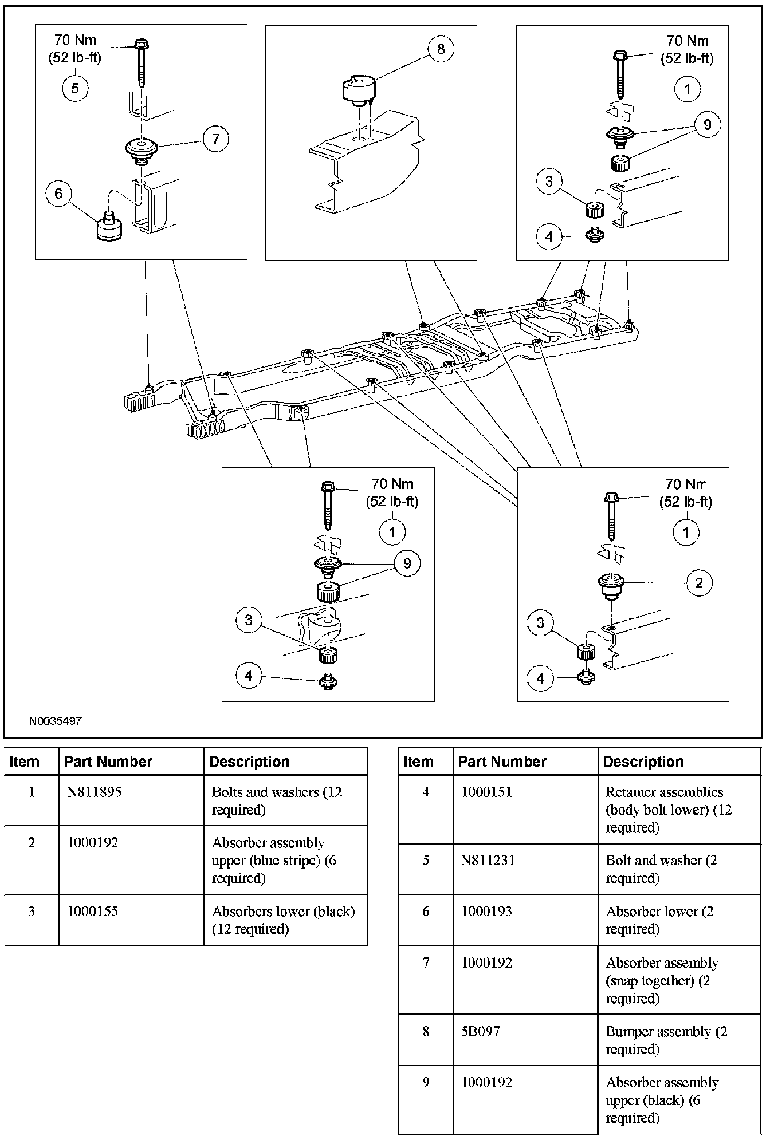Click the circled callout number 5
[75, 89]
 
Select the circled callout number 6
[58, 194]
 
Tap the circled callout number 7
[216, 139]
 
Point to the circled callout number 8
[440, 49]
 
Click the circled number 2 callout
[699, 583]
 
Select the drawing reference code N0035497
[56, 720]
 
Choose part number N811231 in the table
[488, 861]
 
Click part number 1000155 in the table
[92, 912]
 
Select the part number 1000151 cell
[486, 792]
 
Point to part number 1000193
[486, 912]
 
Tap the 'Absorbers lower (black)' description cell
[283, 920]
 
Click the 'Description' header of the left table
[249, 762]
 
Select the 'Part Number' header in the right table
[502, 762]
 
